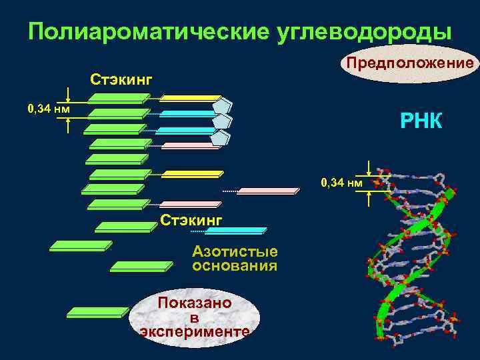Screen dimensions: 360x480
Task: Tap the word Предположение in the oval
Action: pyautogui.click(x=408, y=63)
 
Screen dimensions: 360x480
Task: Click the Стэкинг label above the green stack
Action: pyautogui.click(x=121, y=80)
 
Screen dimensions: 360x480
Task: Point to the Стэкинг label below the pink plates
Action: pyautogui.click(x=191, y=219)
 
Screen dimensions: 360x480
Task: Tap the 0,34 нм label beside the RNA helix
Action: pyautogui.click(x=341, y=181)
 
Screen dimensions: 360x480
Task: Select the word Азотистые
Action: pyautogui.click(x=235, y=251)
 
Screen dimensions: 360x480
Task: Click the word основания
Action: pyautogui.click(x=235, y=266)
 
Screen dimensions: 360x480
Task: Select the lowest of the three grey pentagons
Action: pyautogui.click(x=221, y=137)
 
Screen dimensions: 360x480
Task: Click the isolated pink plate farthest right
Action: pyautogui.click(x=268, y=191)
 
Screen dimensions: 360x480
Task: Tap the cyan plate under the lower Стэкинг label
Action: pyautogui.click(x=235, y=231)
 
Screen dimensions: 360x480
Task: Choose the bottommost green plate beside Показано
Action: pyautogui.click(x=97, y=311)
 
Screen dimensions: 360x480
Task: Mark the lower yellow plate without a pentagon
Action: pyautogui.click(x=191, y=175)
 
